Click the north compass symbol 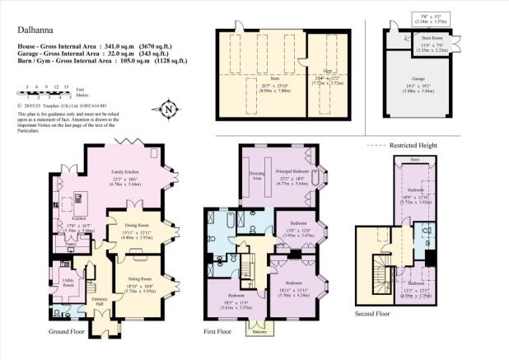(x=168, y=108)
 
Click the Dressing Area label (x=255, y=176)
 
